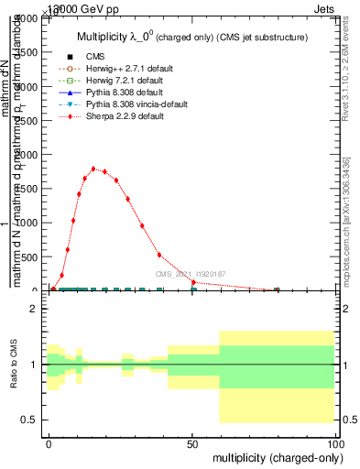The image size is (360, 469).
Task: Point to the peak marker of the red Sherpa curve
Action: pos(93,169)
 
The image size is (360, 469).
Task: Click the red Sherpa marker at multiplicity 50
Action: pos(192,283)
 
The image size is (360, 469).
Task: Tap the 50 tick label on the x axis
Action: pos(192,443)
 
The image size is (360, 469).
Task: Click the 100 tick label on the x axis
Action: pos(335,443)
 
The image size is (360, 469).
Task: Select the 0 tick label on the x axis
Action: pos(49,443)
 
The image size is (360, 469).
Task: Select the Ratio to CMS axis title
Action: pos(14,365)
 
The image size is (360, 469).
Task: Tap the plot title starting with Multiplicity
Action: pos(191,38)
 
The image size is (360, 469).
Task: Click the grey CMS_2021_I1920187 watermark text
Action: pos(191,273)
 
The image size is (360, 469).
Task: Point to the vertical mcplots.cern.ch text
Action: pos(345,220)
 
